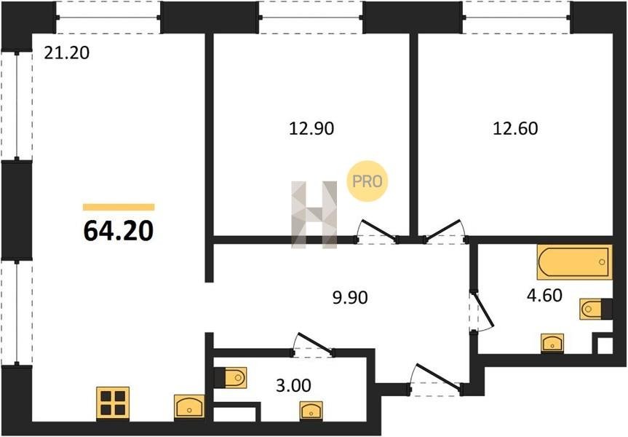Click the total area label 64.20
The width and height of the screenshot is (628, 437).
(x=119, y=231)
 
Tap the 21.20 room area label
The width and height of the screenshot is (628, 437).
(x=66, y=53)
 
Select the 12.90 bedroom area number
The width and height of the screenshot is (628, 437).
(x=311, y=129)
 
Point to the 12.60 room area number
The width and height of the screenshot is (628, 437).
(x=515, y=129)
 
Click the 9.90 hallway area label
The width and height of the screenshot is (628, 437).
(x=350, y=298)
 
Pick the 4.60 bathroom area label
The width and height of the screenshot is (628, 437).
(x=544, y=296)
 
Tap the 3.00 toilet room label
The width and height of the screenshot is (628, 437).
(x=293, y=385)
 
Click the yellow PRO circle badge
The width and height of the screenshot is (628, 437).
(x=367, y=181)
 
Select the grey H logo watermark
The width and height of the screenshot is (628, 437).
(x=314, y=214)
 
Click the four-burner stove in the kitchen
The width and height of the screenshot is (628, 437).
(x=113, y=403)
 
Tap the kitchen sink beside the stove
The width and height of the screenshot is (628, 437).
(x=189, y=407)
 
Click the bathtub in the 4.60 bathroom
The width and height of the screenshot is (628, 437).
(x=574, y=261)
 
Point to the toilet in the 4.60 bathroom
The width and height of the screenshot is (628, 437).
(x=595, y=309)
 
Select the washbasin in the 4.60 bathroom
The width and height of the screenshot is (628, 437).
(x=552, y=344)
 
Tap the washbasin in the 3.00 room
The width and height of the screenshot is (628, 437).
(x=311, y=411)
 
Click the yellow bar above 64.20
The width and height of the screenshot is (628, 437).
(x=119, y=207)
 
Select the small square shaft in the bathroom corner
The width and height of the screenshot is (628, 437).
(x=605, y=345)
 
